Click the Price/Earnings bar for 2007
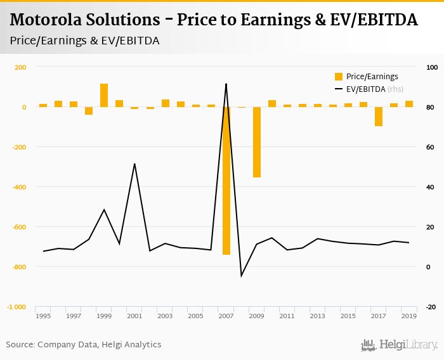226,181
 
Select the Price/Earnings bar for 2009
257,142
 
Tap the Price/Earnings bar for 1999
104,95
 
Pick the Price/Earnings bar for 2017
379,117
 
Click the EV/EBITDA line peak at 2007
226,84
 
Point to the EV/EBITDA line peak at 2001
134,164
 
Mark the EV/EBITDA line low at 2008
241,276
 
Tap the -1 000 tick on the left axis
16,307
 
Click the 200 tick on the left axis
20,67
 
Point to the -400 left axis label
19,187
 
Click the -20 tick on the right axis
431,307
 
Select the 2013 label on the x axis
318,316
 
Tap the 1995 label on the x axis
43,316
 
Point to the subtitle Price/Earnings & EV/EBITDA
84,41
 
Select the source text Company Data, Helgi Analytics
100,345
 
